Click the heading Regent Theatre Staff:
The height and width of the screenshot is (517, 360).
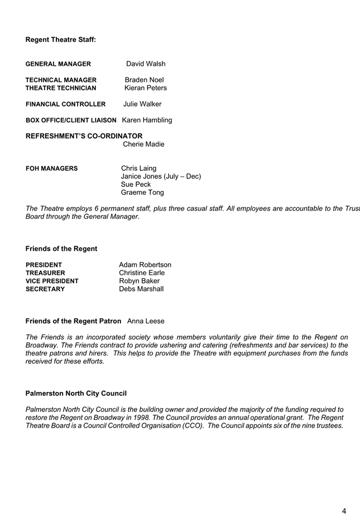[61, 40]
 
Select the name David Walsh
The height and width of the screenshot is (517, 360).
[146, 64]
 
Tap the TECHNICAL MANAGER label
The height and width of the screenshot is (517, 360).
[61, 80]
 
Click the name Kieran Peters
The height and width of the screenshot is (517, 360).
[146, 88]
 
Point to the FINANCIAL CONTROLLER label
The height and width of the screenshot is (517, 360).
[66, 104]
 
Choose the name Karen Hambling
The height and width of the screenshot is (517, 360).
[147, 120]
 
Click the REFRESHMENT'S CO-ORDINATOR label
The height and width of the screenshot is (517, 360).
[84, 136]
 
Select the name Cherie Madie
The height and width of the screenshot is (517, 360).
[143, 144]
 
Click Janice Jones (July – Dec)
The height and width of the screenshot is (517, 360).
[161, 176]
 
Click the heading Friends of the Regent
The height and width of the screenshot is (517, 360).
[61, 248]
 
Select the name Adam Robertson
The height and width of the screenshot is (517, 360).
[145, 265]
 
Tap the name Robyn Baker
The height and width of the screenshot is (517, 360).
[139, 281]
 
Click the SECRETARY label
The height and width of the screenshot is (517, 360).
[45, 289]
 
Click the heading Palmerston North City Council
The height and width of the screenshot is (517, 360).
[76, 394]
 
